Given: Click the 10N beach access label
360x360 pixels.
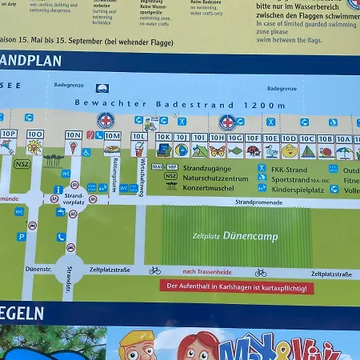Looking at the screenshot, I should (74, 135).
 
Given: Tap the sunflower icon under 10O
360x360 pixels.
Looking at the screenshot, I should (34, 147).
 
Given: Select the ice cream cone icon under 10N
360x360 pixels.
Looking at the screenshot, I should (74, 148).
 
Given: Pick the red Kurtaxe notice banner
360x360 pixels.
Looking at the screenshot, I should (237, 286).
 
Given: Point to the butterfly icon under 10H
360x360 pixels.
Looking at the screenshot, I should (217, 150).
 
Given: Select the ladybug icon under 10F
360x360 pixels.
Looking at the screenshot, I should (253, 150).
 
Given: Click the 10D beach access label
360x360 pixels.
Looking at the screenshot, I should (289, 138).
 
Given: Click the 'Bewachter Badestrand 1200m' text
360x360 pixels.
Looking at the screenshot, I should (180, 104).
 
